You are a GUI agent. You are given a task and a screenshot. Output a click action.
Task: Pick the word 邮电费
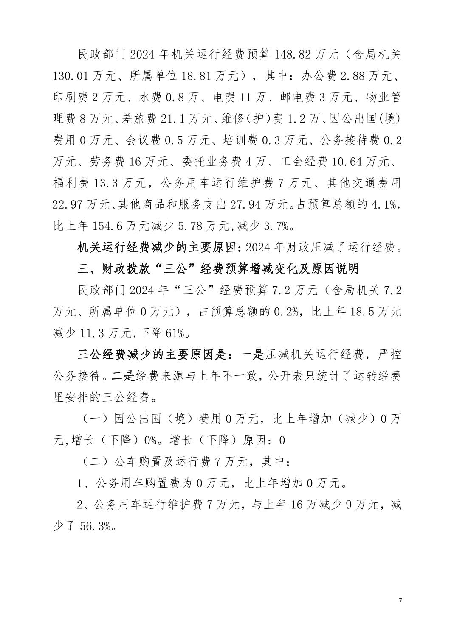pyautogui.click(x=298, y=98)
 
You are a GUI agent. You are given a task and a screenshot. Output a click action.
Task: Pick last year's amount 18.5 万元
pyautogui.click(x=376, y=312)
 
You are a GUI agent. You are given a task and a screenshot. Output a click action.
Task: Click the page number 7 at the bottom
pyautogui.click(x=400, y=601)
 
